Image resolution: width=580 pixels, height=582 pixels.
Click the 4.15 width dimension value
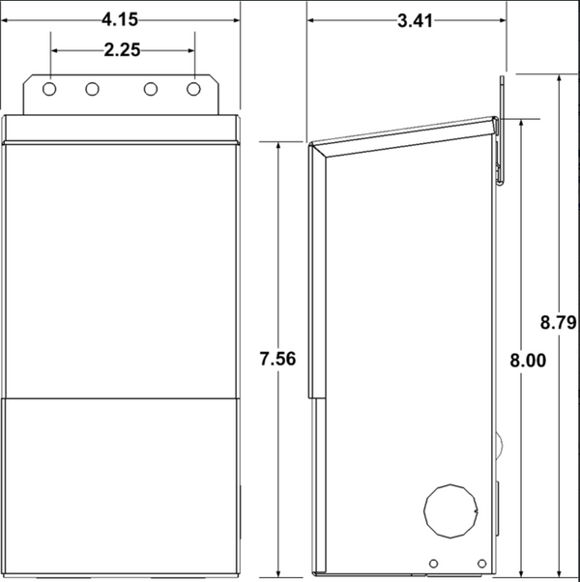[x=120, y=19]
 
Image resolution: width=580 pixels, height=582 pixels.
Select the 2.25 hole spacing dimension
[x=122, y=50]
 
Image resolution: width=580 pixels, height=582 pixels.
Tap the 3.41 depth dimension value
[x=415, y=21]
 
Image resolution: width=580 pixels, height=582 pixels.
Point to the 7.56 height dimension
[x=278, y=359]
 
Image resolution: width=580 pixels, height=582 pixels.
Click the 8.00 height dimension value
[x=528, y=361]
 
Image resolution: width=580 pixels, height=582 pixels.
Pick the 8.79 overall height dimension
[x=559, y=322]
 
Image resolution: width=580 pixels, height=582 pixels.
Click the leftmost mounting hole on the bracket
[x=49, y=89]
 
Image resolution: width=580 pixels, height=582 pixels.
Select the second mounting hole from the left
[x=92, y=89]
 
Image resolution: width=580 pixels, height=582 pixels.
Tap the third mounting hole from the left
[x=151, y=89]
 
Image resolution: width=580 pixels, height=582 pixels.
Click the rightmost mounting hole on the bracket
[x=193, y=89]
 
